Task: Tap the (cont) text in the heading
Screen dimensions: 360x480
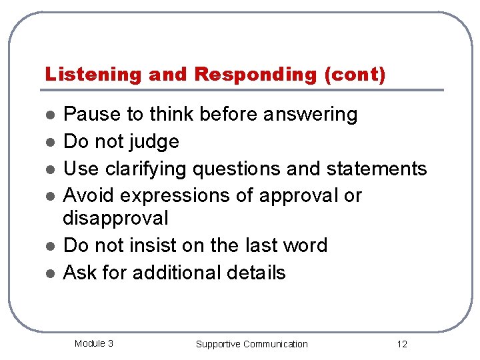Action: coord(354,75)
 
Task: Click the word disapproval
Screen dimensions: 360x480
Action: coord(115,219)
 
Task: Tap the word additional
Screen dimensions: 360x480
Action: coord(173,273)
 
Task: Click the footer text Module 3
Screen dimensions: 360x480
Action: coord(93,343)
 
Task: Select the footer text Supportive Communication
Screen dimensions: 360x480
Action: coord(251,344)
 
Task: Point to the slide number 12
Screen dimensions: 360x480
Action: coord(401,344)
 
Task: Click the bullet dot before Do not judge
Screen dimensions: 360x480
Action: coord(49,143)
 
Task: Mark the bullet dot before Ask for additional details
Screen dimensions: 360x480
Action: coord(49,273)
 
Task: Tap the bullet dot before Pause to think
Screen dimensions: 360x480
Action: coord(49,115)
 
